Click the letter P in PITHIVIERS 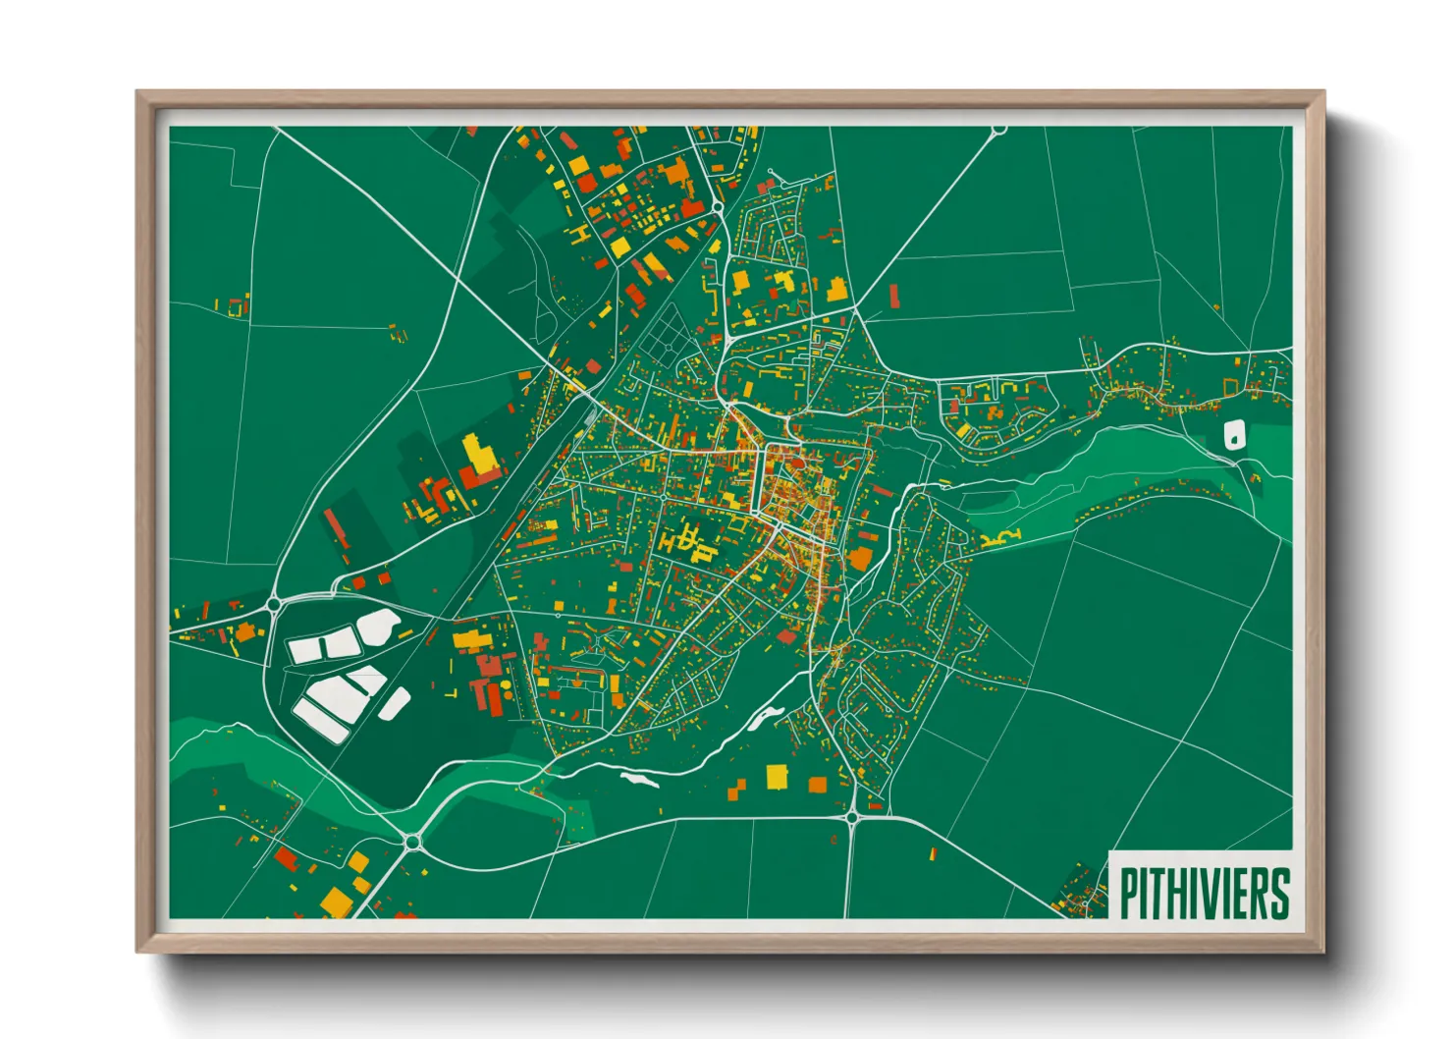point(1129,894)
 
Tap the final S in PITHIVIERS point(1278,894)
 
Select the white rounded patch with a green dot point(1234,433)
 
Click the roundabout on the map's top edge point(998,130)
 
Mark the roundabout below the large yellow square point(851,816)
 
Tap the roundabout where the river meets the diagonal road point(411,841)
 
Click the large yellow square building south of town point(777,777)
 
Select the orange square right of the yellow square point(818,784)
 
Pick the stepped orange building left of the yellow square point(737,788)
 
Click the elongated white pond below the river point(639,780)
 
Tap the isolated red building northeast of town point(893,295)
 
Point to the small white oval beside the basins point(395,703)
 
